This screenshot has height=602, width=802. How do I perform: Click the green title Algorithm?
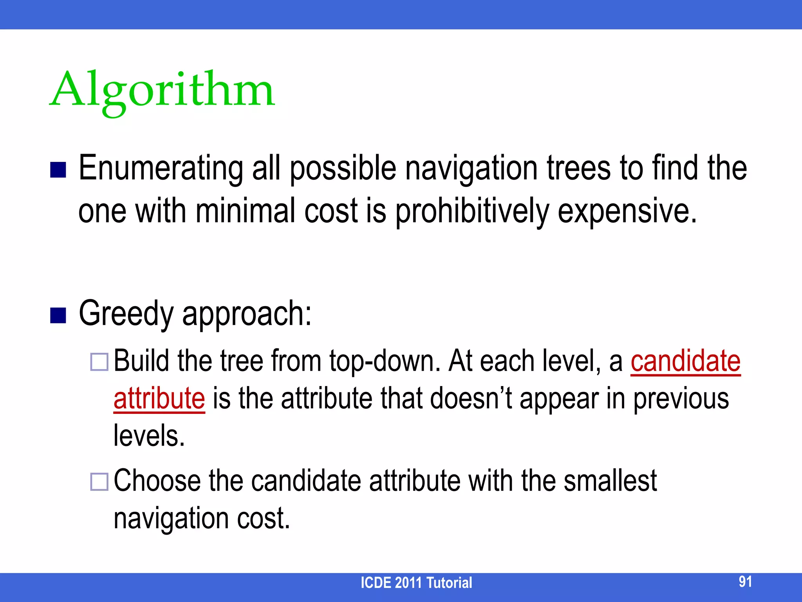(163, 91)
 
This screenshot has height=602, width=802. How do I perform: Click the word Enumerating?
(161, 169)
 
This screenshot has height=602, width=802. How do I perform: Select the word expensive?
(627, 212)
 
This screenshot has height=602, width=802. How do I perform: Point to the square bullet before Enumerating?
(58, 170)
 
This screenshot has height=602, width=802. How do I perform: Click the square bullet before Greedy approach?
(58, 316)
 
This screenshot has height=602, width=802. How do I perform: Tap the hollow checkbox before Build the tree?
(99, 362)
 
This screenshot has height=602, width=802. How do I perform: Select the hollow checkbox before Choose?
(99, 482)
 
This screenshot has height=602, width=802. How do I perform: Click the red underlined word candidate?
(685, 361)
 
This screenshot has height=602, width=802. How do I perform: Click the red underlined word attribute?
(159, 399)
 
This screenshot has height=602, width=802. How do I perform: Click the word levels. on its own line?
(149, 436)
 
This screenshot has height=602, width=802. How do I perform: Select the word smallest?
(610, 481)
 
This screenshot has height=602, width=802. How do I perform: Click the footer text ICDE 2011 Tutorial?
(416, 583)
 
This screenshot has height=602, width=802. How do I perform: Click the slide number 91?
(745, 582)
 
